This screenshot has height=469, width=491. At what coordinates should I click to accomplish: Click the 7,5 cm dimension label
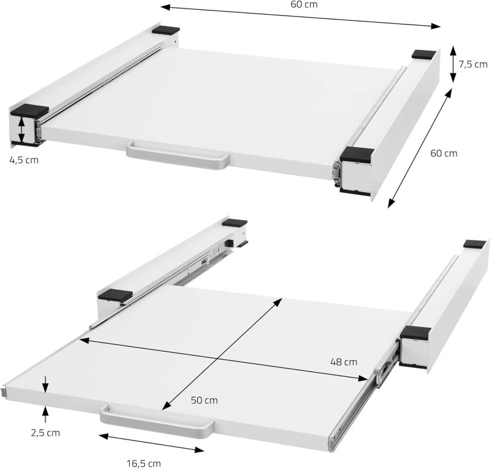pyautogui.click(x=472, y=64)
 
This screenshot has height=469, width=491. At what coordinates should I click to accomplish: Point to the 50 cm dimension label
pyautogui.click(x=204, y=400)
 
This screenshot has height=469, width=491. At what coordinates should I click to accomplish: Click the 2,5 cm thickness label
pyautogui.click(x=45, y=432)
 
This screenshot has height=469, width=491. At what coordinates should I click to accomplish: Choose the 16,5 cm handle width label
pyautogui.click(x=144, y=463)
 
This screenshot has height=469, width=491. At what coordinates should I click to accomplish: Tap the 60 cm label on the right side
pyautogui.click(x=443, y=153)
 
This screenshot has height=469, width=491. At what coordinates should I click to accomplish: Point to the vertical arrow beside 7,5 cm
pyautogui.click(x=453, y=63)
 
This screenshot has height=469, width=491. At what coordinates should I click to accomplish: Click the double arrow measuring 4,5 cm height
pyautogui.click(x=21, y=130)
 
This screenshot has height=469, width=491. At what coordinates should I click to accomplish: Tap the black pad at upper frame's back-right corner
pyautogui.click(x=422, y=54)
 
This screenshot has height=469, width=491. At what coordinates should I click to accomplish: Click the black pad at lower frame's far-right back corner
pyautogui.click(x=474, y=244)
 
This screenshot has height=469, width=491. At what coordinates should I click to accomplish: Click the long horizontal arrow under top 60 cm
pyautogui.click(x=301, y=17)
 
